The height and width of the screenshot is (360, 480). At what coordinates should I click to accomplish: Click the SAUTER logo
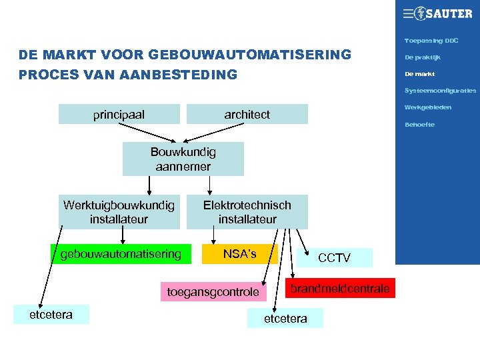click(x=437, y=13)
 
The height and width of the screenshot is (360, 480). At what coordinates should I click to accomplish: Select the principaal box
click(x=119, y=114)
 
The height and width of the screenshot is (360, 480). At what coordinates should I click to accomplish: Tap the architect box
click(x=247, y=114)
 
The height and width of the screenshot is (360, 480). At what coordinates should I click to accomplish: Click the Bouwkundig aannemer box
click(x=183, y=159)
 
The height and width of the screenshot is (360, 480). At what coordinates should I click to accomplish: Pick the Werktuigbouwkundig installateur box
click(x=119, y=212)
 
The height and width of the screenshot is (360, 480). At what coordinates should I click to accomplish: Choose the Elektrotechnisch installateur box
click(x=247, y=212)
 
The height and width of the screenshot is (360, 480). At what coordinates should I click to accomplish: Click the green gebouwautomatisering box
click(x=121, y=254)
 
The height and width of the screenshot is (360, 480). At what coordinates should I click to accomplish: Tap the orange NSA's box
click(x=239, y=254)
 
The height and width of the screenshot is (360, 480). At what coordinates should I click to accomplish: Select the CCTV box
click(x=334, y=257)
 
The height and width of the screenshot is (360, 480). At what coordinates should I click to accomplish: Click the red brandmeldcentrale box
click(x=340, y=288)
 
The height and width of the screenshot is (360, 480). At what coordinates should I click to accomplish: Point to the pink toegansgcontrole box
click(x=213, y=292)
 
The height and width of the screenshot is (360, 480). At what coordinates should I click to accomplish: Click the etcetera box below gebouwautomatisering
click(x=51, y=315)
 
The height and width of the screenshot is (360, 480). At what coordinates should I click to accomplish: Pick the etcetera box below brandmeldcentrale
click(x=285, y=318)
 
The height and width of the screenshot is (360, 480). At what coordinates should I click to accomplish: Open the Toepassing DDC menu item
click(x=431, y=41)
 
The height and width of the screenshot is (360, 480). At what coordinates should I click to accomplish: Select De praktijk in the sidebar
click(x=423, y=57)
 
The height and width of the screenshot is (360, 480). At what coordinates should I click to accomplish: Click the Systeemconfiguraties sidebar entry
click(x=440, y=90)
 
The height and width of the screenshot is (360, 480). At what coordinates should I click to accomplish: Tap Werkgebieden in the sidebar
click(x=428, y=107)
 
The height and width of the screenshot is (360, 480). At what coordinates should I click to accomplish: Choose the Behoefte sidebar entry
click(x=420, y=125)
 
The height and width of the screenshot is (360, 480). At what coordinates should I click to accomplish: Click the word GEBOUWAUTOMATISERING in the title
click(x=250, y=55)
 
